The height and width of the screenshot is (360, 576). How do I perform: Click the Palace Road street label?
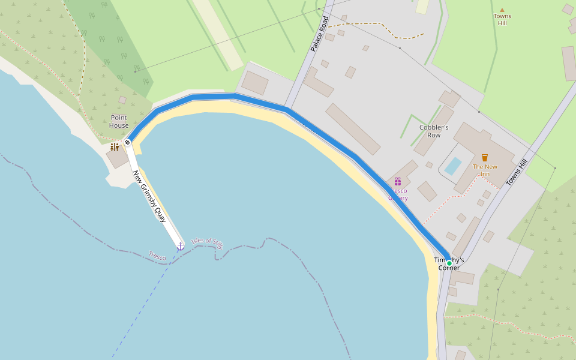(320, 34)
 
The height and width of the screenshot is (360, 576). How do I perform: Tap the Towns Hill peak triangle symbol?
(502, 10)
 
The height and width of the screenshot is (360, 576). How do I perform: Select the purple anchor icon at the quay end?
(180, 246)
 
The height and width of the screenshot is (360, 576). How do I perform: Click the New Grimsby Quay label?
(149, 196)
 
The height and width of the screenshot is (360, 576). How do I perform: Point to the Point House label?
(119, 122)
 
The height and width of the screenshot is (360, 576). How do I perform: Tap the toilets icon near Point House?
(114, 146)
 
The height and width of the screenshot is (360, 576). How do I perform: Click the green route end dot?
(449, 263)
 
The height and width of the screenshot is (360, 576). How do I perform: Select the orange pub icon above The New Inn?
(485, 158)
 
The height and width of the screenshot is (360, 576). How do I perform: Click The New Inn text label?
(485, 170)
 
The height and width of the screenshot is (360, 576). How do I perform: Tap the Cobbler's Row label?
(434, 131)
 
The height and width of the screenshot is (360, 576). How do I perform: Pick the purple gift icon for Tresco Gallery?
(397, 181)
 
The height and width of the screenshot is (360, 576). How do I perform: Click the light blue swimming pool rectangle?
(453, 166)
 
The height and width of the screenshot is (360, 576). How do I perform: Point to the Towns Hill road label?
(516, 172)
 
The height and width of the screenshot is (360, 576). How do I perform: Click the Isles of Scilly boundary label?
(207, 242)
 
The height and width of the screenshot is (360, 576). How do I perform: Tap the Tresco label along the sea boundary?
(157, 256)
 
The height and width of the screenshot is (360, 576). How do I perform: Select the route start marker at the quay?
(127, 142)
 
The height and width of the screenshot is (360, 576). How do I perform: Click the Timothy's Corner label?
(449, 264)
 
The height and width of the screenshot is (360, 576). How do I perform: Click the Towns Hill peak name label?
(502, 19)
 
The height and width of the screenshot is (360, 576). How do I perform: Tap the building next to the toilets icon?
(117, 157)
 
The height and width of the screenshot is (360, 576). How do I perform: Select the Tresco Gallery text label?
(398, 194)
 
